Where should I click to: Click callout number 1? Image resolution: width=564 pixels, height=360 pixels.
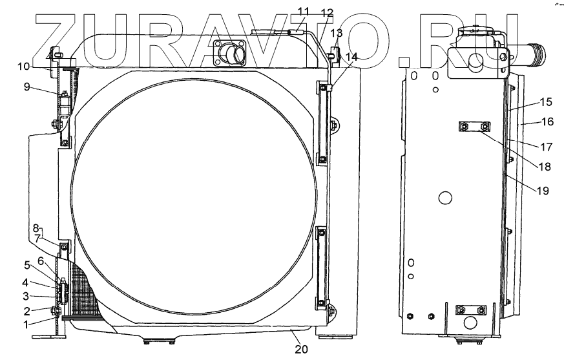(26, 324)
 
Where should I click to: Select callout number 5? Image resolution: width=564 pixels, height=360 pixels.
(27, 266)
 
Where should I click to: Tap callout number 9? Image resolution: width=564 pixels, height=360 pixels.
(26, 87)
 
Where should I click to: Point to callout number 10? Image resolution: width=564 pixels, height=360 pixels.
(23, 67)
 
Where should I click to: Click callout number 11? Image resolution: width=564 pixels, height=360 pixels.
(303, 11)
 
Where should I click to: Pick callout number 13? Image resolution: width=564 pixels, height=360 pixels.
(337, 33)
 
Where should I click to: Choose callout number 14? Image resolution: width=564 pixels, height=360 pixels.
(352, 57)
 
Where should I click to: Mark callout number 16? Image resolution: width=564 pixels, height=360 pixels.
(547, 122)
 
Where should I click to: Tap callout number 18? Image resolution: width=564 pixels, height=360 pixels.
(545, 167)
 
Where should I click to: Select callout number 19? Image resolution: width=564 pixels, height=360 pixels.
(543, 191)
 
